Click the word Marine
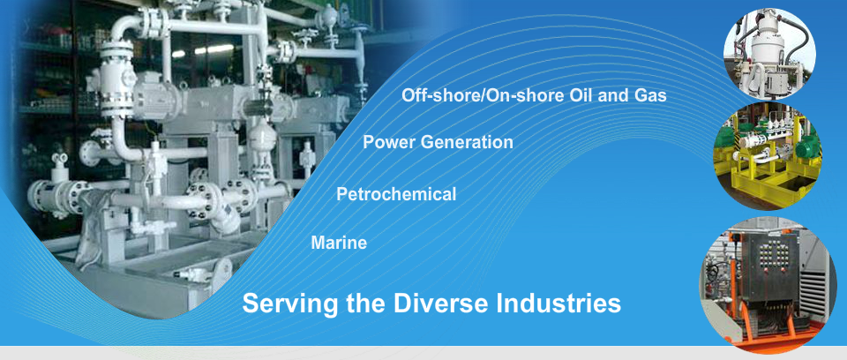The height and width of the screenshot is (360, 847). click(x=339, y=243)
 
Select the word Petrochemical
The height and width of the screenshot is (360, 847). click(x=396, y=194)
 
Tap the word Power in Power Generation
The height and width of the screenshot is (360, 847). click(x=389, y=142)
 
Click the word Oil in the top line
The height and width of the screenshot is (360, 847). click(x=583, y=95)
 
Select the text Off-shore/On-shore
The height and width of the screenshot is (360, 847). click(x=483, y=95)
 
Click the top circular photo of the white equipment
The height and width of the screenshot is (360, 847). click(x=769, y=54)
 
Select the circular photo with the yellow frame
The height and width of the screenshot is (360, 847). click(x=768, y=155)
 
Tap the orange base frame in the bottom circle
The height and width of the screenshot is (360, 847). click(x=778, y=334)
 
